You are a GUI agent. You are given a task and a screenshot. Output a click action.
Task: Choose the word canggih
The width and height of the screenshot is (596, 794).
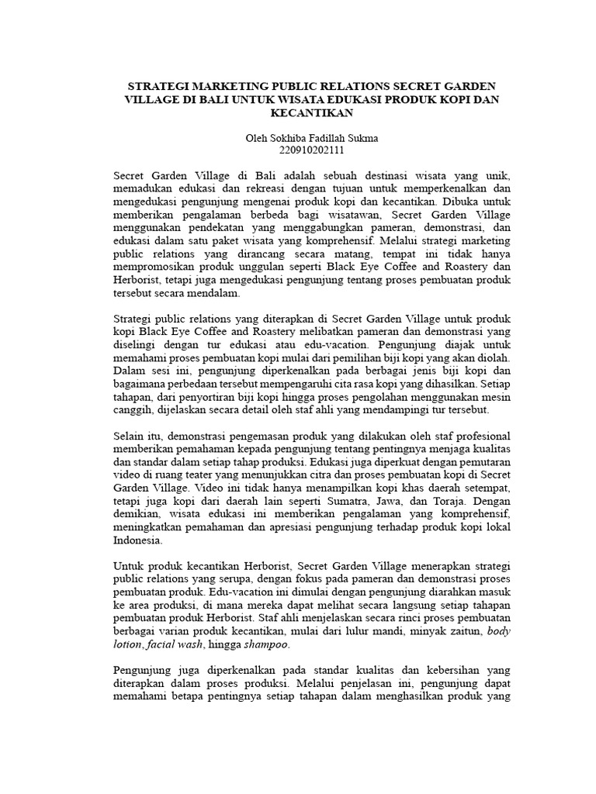pyautogui.click(x=134, y=411)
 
